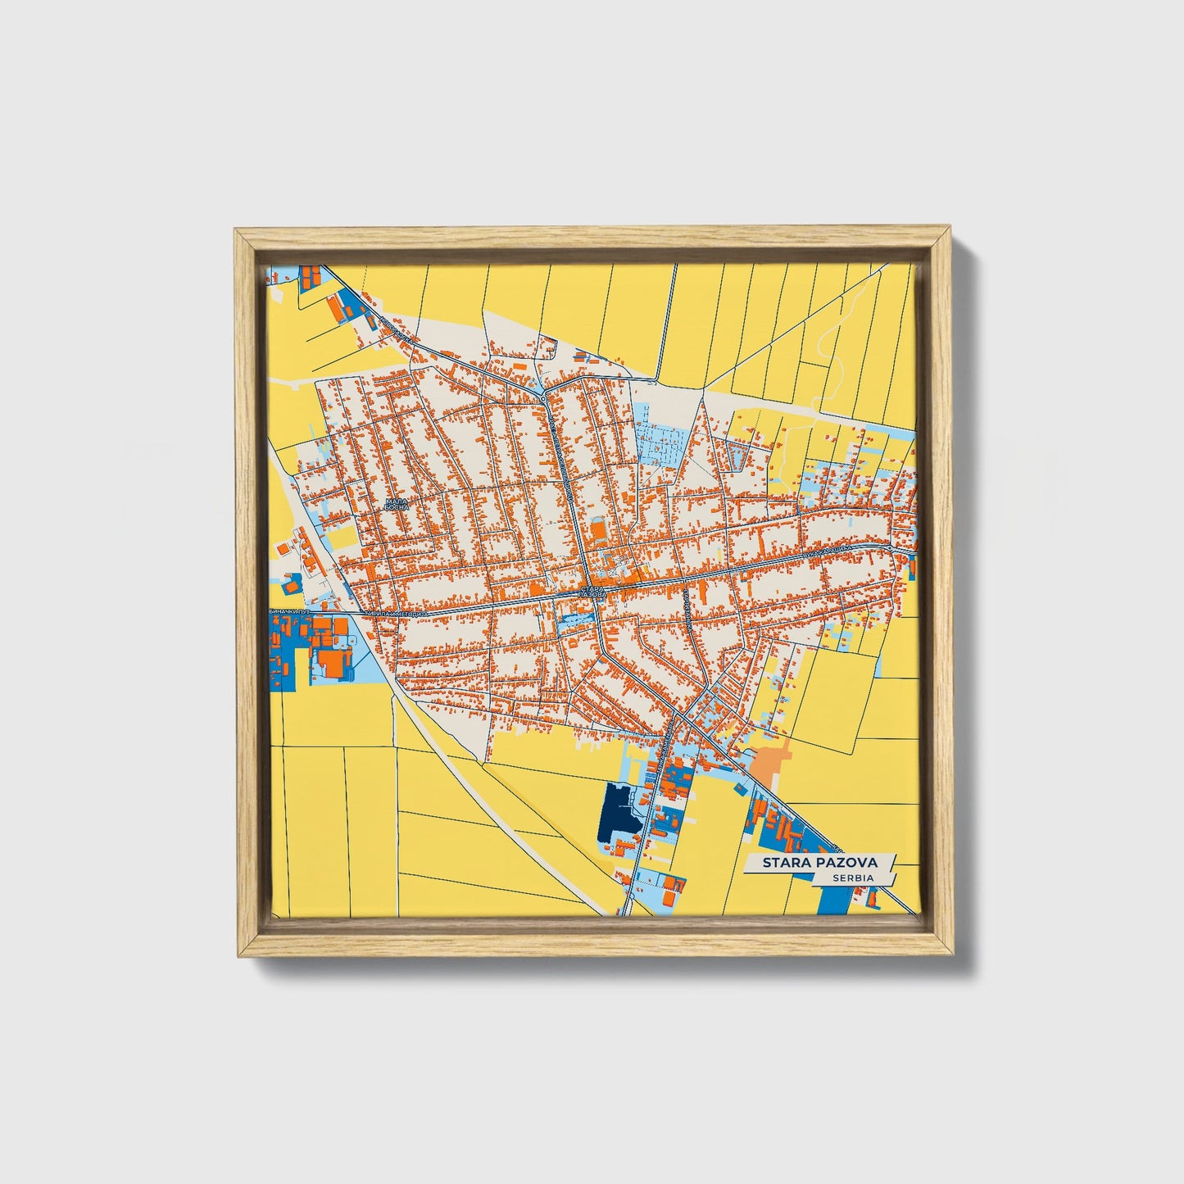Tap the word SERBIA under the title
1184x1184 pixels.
(851, 878)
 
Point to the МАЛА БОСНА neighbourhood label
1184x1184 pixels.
(397, 504)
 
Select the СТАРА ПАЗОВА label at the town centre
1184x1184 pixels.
(592, 591)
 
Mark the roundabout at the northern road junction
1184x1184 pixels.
(544, 399)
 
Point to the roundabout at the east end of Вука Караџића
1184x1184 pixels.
(891, 547)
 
